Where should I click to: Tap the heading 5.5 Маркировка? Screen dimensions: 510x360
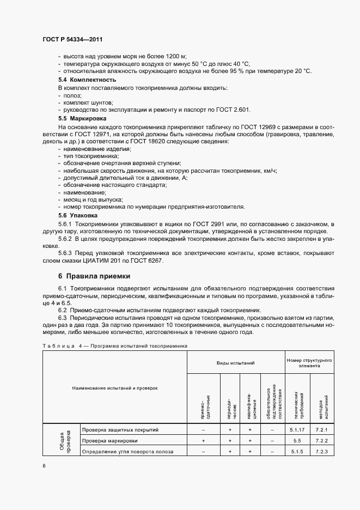[x=82, y=118]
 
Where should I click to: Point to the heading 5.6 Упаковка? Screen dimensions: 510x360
[x=78, y=215]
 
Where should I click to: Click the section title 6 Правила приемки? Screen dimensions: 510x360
[x=94, y=276]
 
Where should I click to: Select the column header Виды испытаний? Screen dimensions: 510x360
[x=235, y=362]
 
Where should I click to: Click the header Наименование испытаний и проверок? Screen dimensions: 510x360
[x=115, y=388]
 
